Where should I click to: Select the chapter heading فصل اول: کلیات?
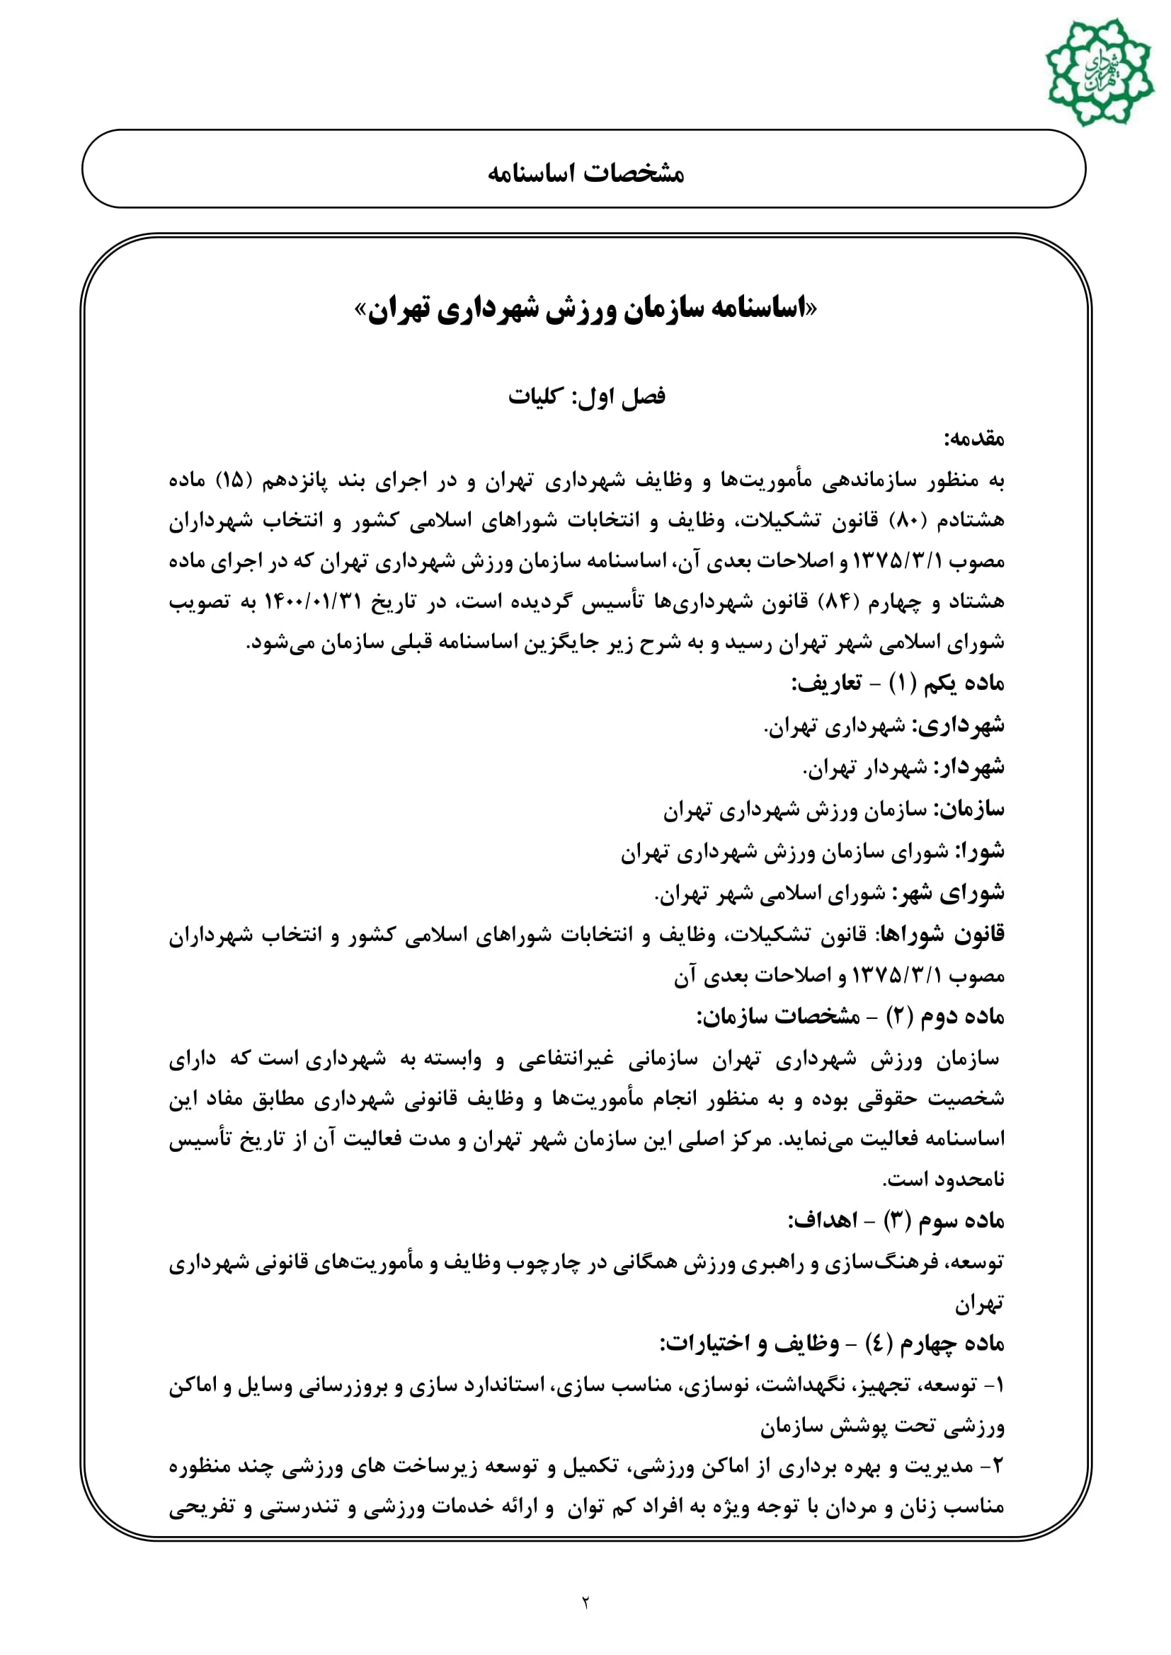586,396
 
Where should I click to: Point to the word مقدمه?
973,438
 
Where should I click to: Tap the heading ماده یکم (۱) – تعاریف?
898,683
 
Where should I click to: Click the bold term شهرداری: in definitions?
960,725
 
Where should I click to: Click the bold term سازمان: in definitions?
969,809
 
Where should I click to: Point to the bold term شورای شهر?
949,893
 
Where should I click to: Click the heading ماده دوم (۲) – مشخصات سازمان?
851,1017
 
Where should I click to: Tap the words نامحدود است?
943,1181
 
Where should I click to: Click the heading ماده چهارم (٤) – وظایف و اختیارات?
833,1344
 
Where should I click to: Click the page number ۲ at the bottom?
585,1603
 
